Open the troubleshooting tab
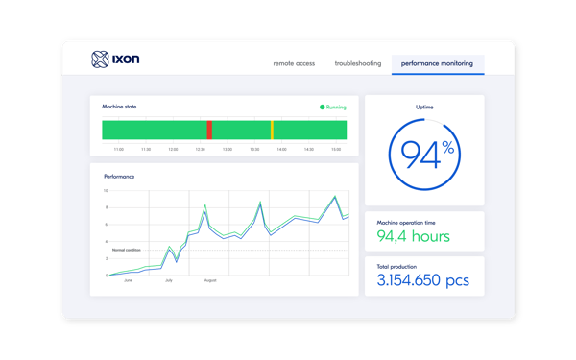click(x=357, y=63)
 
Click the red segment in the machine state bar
click(x=209, y=131)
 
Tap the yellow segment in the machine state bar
click(x=272, y=131)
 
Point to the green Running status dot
click(x=322, y=108)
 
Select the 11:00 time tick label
click(x=118, y=149)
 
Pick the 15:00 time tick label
click(x=336, y=149)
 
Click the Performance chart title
click(x=119, y=177)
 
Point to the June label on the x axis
click(x=128, y=280)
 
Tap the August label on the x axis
click(x=210, y=280)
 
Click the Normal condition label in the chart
click(x=126, y=250)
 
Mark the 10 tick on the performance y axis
click(x=106, y=191)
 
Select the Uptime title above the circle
click(x=424, y=107)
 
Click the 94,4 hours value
click(x=413, y=235)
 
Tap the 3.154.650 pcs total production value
click(x=423, y=279)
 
